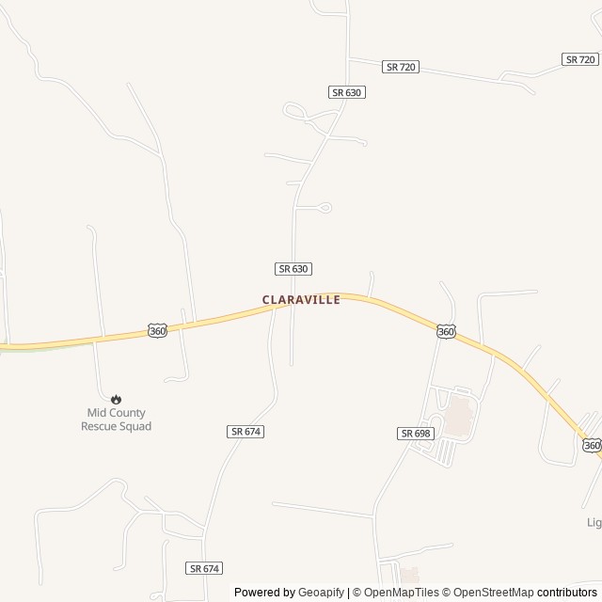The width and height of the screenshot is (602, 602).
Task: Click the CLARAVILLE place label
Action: coord(301,299)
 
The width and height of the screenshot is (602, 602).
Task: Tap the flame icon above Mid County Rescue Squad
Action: coord(116,399)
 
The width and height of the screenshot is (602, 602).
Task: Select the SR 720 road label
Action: coord(401,68)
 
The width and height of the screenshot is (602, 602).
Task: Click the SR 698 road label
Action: coord(415,433)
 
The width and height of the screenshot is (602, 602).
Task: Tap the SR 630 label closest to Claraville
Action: coord(293,268)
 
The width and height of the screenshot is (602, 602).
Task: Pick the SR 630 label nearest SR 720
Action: coord(347,92)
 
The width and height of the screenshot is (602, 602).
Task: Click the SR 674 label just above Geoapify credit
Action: coord(204,568)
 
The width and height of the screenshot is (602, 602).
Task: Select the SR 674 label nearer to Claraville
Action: coord(245,431)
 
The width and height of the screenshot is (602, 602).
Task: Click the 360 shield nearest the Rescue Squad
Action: coord(158,330)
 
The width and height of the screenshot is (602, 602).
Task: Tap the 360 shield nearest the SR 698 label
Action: coord(446,332)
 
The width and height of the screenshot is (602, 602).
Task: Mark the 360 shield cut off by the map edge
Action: coord(591,445)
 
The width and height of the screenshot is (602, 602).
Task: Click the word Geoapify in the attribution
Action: coord(321,593)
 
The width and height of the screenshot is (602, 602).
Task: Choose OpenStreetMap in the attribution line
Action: coord(494,593)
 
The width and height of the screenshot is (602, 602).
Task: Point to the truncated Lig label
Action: coord(593,522)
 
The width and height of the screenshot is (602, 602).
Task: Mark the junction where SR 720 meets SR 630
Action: coord(348,58)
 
